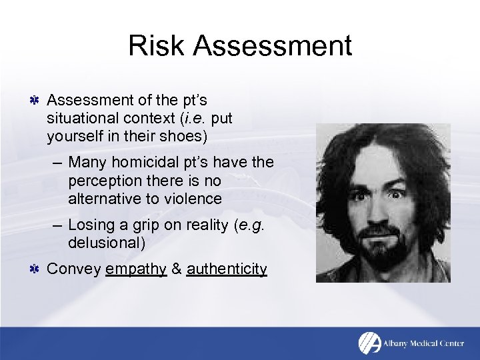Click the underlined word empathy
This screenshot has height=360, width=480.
(135, 269)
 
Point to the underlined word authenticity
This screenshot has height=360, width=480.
(227, 269)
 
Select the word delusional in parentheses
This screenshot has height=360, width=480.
(106, 243)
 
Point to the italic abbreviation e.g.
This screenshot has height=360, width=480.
(249, 225)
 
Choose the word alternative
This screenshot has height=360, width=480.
(101, 199)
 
